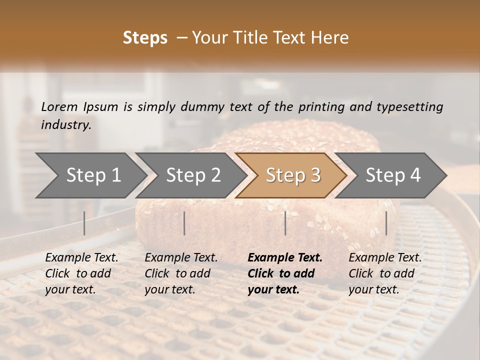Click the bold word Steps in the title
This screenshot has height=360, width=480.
tap(145, 38)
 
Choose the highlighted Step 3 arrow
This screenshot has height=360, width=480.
tap(293, 175)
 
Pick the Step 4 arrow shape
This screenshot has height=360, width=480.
tap(393, 175)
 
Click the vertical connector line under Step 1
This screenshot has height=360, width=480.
tap(84, 223)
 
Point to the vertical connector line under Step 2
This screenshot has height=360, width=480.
tap(184, 223)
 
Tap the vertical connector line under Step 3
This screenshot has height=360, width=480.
tap(285, 223)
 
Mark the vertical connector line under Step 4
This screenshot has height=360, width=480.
tap(386, 223)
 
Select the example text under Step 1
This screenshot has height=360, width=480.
tap(81, 273)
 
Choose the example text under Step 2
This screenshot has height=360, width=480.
tap(181, 273)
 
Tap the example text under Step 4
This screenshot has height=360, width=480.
tap(385, 273)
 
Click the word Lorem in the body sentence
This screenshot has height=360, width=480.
tap(59, 106)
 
